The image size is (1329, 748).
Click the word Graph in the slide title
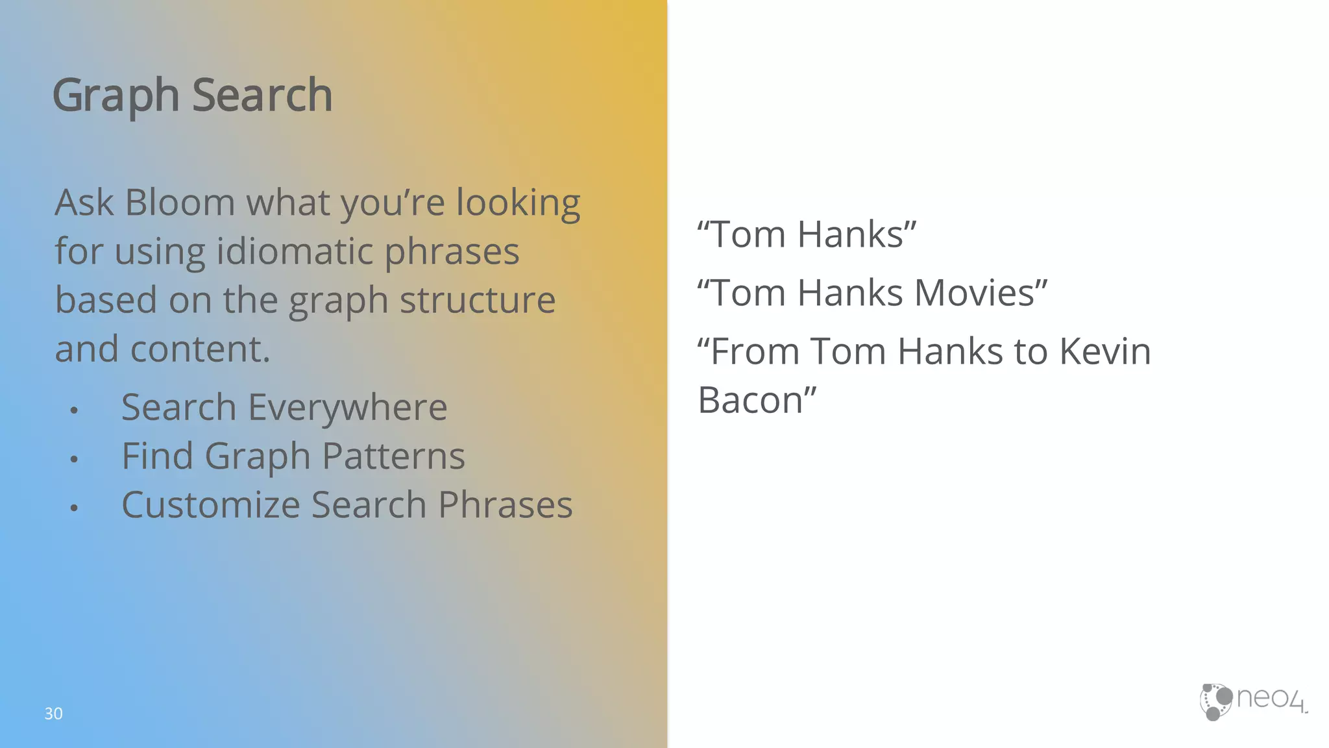point(115,95)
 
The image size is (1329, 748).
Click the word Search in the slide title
point(262,95)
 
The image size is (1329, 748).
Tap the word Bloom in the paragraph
point(179,202)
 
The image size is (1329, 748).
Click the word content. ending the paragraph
point(200,349)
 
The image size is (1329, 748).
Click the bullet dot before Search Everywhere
point(74,410)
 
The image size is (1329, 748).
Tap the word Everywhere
point(348,408)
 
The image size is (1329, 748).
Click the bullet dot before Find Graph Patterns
point(74,459)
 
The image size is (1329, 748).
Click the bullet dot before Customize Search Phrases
point(74,508)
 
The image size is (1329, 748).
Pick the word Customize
point(210,505)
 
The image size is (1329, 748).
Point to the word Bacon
point(750,400)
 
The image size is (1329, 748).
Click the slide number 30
point(53,714)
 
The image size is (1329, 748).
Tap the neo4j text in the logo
point(1270,699)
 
